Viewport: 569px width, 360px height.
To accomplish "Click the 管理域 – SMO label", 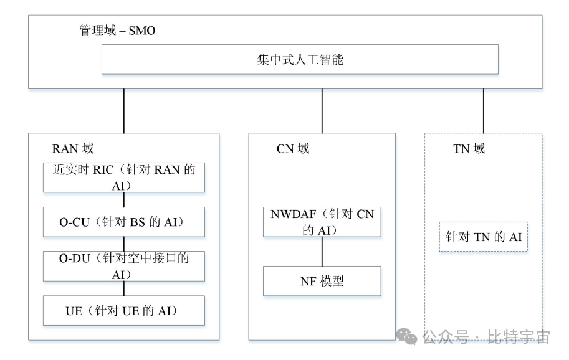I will click(117, 31).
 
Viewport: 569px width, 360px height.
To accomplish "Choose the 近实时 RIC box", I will click(123, 177).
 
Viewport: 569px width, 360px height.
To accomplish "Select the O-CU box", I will click(123, 222).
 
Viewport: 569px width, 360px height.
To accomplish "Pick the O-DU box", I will click(123, 266).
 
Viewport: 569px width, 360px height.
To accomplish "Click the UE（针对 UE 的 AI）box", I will click(123, 310).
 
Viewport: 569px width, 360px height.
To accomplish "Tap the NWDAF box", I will click(322, 222).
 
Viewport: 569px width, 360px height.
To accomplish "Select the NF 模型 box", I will click(322, 281).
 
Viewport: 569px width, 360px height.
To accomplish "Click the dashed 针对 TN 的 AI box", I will click(483, 237).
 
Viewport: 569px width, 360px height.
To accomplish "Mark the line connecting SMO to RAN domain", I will click(124, 111).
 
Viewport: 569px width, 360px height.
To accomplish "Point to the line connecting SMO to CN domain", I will click(322, 111).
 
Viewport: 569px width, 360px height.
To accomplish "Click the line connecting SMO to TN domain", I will click(484, 111).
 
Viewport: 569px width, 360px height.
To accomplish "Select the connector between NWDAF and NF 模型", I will click(322, 252).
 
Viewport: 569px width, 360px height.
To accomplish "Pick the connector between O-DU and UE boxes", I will click(124, 288).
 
